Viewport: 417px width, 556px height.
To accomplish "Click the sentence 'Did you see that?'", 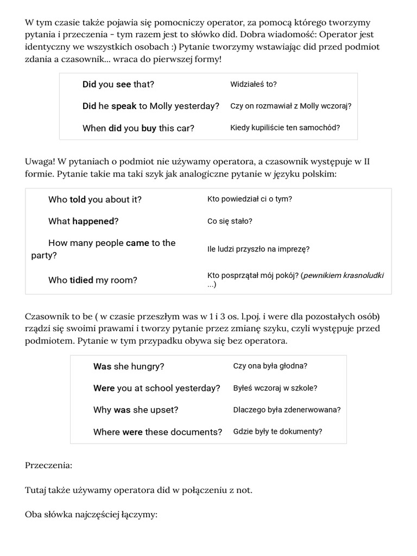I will (118, 84).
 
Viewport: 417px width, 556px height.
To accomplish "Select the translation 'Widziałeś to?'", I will (253, 84).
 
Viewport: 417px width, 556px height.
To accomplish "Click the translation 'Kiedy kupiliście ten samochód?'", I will (285, 128).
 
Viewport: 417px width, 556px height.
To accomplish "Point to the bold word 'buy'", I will (149, 128).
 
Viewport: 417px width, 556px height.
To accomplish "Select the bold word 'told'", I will (78, 199).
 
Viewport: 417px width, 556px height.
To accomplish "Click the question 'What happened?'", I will (83, 221).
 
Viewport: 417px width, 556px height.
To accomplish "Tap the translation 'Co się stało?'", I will (230, 221).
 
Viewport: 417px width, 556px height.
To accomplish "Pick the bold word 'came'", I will (137, 243).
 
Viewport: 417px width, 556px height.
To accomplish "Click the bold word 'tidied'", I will (81, 280).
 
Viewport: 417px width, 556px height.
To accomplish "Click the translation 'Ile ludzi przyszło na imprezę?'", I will (258, 249).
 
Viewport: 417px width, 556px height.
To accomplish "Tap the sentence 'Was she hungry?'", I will (129, 367).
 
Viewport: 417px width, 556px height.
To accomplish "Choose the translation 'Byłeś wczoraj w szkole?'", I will (275, 388).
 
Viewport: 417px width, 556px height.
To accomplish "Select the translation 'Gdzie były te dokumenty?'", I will (277, 432).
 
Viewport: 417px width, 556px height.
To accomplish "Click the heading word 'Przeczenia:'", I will (48, 465).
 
